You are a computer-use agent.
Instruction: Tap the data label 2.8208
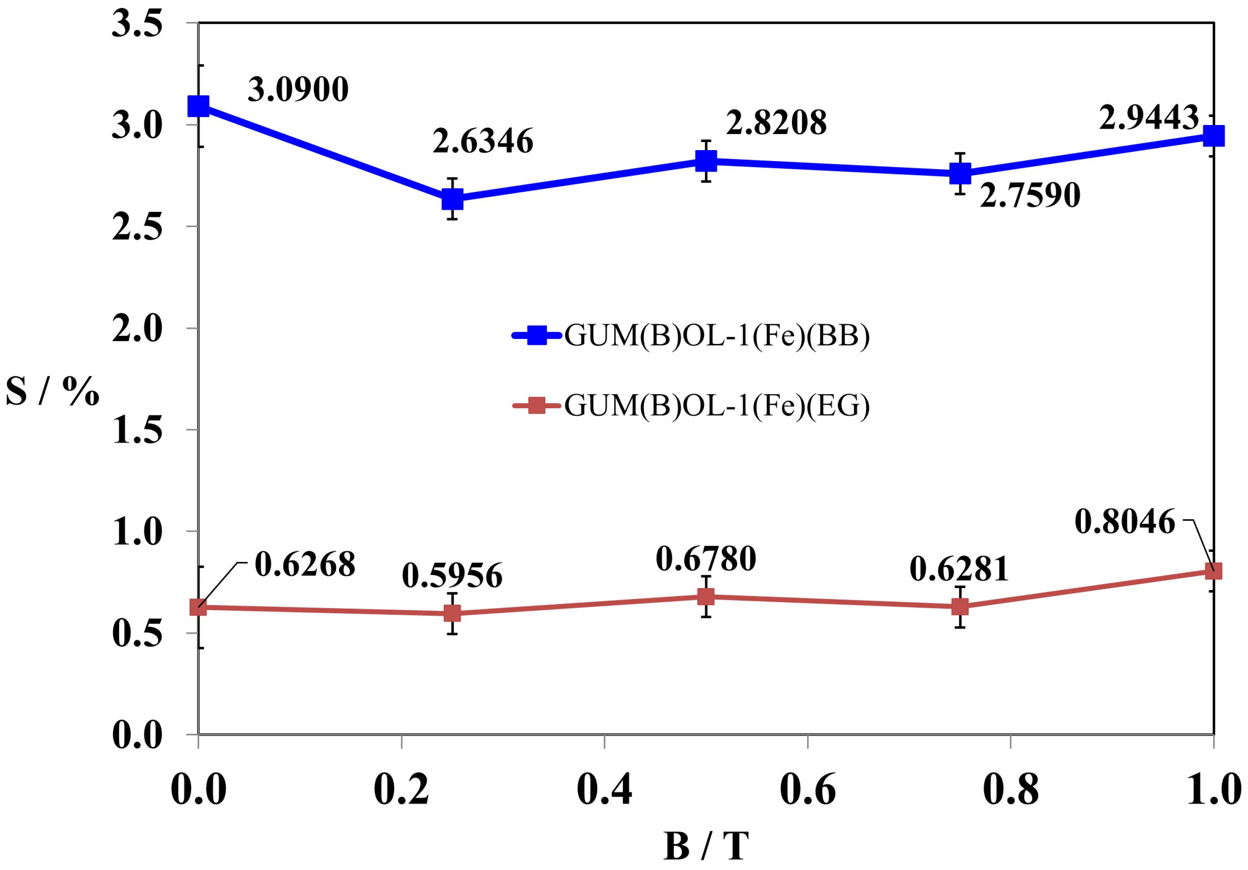tap(776, 123)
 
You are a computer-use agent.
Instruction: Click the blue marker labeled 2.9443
tap(1213, 136)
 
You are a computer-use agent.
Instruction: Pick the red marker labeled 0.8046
tap(1213, 571)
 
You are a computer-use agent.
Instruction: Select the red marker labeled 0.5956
tap(452, 614)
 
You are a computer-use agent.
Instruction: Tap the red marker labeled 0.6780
tap(706, 597)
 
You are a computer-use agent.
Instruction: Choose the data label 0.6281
tap(959, 569)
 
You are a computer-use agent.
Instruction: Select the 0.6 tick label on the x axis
tap(808, 790)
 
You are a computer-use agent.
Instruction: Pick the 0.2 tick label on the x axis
tap(402, 790)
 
